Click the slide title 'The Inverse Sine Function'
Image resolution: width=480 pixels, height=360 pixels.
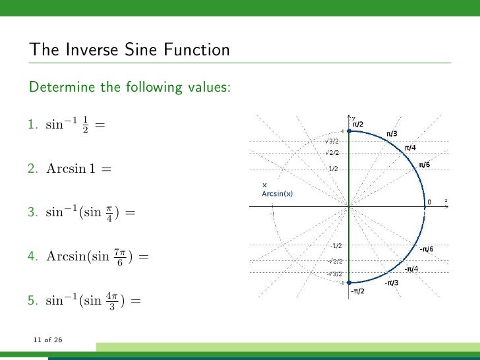coord(129,50)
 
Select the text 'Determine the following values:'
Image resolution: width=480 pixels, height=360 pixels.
coord(129,86)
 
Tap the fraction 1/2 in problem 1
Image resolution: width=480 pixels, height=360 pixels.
coord(84,125)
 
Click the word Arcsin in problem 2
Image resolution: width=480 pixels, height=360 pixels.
coord(61,169)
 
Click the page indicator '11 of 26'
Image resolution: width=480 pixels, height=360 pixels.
coord(47,340)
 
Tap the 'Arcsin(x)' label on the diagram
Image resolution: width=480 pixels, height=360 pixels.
coord(278,194)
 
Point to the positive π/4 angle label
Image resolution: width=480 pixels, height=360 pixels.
coord(410,147)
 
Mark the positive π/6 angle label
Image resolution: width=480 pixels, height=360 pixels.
coord(425,164)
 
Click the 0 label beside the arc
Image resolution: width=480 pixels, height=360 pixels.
coord(430,201)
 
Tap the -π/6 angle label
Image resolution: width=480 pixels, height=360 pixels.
coord(427,249)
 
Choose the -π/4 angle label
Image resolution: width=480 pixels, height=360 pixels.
coord(412,268)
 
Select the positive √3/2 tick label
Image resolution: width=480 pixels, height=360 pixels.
coord(332,140)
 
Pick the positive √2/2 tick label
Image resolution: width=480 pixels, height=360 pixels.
coord(332,152)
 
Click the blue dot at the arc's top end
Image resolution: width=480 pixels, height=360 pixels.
coord(349,132)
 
